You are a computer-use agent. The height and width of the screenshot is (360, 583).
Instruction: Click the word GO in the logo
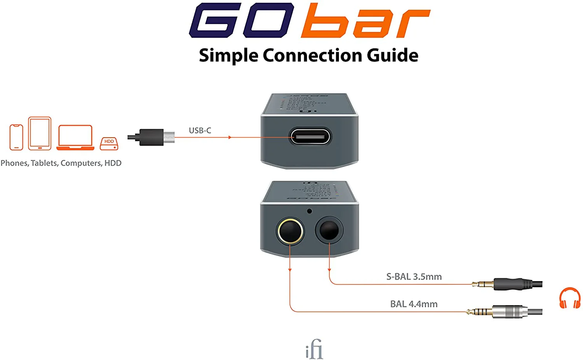pos(241,20)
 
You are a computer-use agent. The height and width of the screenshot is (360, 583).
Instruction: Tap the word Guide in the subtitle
pos(392,56)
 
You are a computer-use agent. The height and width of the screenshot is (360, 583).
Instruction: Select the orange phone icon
pos(16,137)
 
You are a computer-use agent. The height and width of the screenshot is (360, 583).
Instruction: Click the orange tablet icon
pos(40,133)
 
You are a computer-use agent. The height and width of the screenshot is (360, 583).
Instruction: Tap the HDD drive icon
pos(109,143)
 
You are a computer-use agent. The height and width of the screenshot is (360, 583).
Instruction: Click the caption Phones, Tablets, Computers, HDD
pos(61,163)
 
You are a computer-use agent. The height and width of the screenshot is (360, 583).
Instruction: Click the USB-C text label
pos(200,131)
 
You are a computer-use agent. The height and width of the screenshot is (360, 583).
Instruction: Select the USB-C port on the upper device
pos(310,137)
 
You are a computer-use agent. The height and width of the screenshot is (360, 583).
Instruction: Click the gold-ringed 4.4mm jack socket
pos(290,231)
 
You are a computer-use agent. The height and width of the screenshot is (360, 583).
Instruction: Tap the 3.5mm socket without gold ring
pos(329,231)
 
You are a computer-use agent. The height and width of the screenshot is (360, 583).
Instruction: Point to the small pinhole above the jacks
pos(309,211)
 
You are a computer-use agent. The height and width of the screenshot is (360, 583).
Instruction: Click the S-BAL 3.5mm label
pos(414,277)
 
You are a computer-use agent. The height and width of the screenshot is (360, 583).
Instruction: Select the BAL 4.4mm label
pos(414,304)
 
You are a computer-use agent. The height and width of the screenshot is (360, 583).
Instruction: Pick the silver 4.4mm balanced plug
pos(507,311)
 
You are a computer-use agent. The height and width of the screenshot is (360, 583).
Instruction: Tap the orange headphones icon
pos(569,298)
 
